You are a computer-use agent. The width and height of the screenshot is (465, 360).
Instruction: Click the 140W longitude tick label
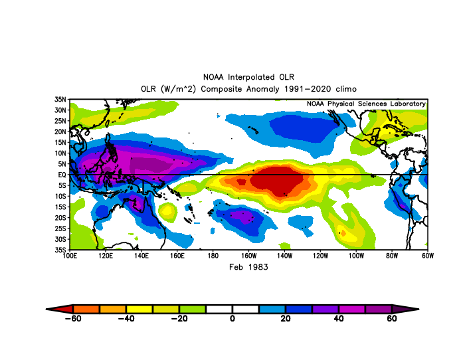click(284, 256)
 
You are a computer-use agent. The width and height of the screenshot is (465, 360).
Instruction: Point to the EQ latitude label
click(62, 175)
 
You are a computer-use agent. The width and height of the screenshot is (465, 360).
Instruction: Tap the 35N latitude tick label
click(60, 100)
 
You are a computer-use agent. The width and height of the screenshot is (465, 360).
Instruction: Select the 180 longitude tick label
click(213, 256)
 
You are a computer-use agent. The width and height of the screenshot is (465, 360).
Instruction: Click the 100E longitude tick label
click(70, 256)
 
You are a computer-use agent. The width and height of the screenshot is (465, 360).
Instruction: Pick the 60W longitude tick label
click(428, 256)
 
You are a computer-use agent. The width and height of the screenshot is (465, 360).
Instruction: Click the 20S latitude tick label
click(60, 218)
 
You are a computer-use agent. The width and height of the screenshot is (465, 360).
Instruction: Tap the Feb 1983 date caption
click(248, 267)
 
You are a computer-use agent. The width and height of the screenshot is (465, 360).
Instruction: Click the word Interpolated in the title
click(251, 77)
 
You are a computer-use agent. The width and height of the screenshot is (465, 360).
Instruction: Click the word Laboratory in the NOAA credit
click(408, 104)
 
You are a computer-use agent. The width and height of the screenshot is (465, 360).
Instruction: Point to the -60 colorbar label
click(73, 318)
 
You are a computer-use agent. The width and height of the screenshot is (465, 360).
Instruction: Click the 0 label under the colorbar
click(232, 318)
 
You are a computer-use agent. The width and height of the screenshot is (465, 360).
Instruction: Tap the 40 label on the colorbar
click(338, 318)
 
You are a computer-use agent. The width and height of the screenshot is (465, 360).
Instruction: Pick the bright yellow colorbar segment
click(139, 310)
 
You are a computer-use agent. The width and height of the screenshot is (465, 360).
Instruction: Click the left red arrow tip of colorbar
click(46, 310)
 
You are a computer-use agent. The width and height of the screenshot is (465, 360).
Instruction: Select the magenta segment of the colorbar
click(351, 310)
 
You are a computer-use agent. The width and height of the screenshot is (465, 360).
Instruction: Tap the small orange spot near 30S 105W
click(343, 233)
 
